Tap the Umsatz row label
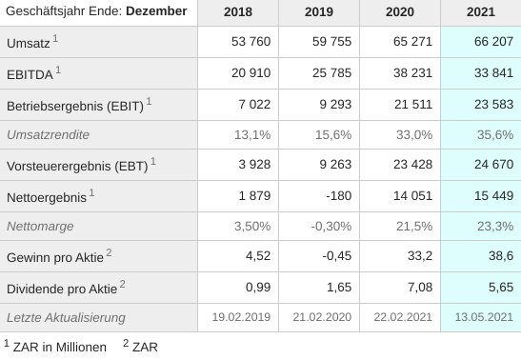click(29, 43)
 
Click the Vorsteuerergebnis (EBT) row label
click(76, 166)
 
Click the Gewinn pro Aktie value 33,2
click(418, 256)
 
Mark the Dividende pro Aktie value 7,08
click(416, 287)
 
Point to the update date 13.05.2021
click(484, 317)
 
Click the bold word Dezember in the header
click(157, 12)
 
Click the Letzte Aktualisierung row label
click(67, 317)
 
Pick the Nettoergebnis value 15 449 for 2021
click(492, 195)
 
